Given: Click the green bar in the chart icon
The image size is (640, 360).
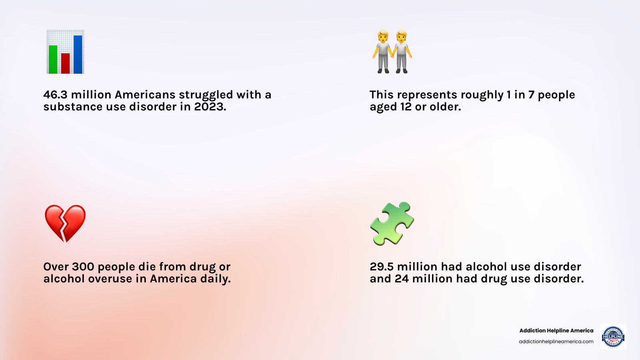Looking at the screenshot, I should click(53, 59).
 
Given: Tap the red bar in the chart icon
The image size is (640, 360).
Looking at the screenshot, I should click(65, 63).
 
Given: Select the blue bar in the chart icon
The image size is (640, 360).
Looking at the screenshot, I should click(78, 54).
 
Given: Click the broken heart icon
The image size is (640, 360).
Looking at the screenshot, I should click(65, 223).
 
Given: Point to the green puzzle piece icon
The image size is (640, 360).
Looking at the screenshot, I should click(392, 223).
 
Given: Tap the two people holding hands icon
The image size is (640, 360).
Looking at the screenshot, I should click(392, 52).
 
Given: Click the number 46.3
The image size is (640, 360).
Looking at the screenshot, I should click(55, 95).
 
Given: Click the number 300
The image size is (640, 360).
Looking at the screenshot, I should click(83, 267).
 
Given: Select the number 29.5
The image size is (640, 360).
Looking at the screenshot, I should click(382, 267).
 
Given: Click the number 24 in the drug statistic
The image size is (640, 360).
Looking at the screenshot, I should click(402, 279).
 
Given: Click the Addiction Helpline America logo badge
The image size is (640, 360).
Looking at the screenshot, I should click(613, 336).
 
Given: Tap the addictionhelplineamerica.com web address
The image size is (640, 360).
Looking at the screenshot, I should click(556, 342).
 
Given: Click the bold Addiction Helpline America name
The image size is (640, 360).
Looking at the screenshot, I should click(556, 330).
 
